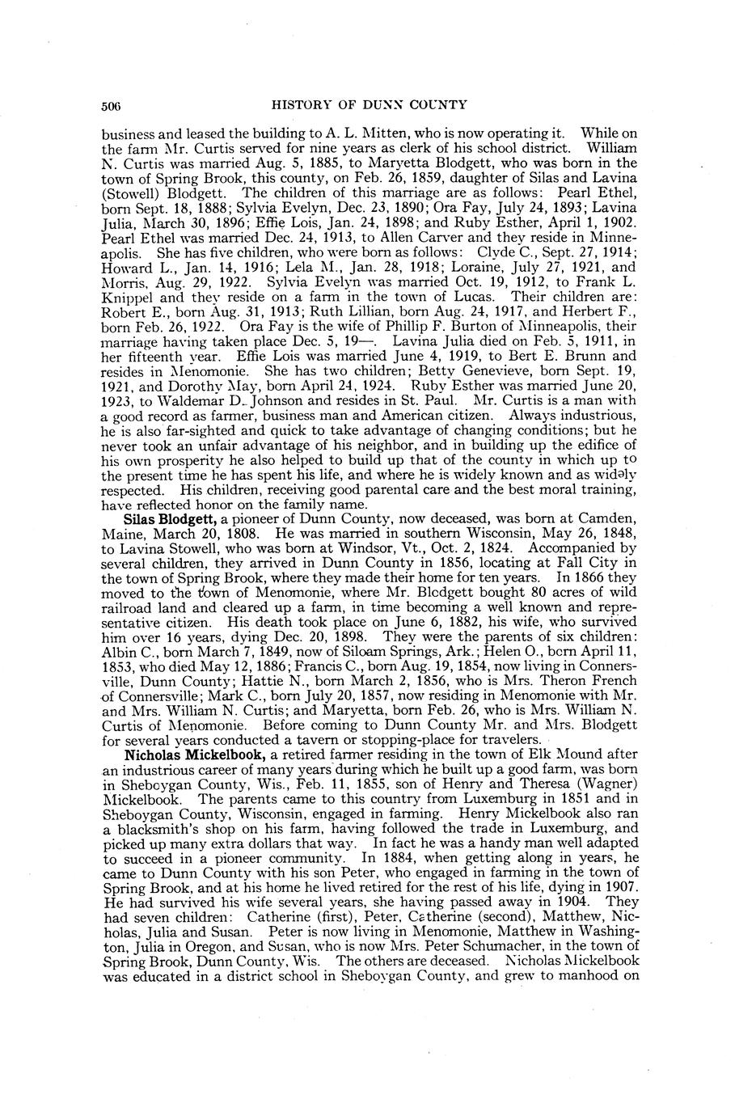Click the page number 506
[112, 105]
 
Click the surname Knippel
[129, 297]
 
